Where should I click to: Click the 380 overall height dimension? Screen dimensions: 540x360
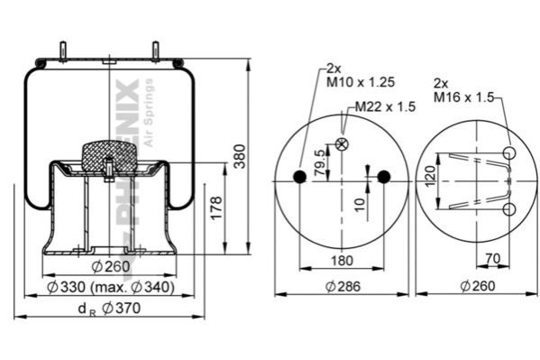[240, 156]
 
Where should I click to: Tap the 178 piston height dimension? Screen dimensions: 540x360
[216, 208]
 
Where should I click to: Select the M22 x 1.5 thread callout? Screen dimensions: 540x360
[385, 106]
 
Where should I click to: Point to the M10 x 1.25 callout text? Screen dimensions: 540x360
[361, 82]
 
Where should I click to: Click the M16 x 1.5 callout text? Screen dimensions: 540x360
[463, 97]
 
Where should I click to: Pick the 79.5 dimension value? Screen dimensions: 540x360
[320, 162]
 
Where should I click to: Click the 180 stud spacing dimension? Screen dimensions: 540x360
[342, 261]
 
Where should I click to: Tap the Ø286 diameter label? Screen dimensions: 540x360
[343, 286]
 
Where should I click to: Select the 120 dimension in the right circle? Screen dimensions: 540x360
[430, 176]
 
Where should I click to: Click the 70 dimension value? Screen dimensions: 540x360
[493, 258]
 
